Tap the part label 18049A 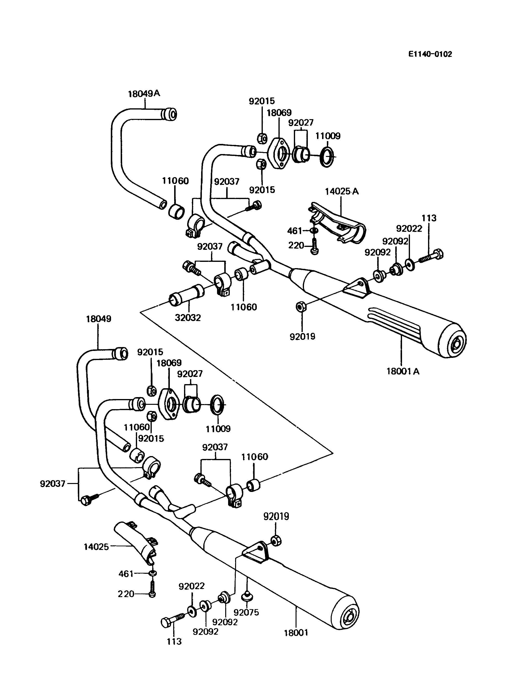pyautogui.click(x=144, y=94)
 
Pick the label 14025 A pyautogui.click(x=342, y=191)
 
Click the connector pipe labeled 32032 pyautogui.click(x=187, y=296)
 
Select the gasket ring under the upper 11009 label pyautogui.click(x=327, y=156)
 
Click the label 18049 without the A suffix pyautogui.click(x=98, y=319)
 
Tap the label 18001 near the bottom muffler pyautogui.click(x=296, y=633)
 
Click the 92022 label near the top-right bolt pyautogui.click(x=409, y=229)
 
